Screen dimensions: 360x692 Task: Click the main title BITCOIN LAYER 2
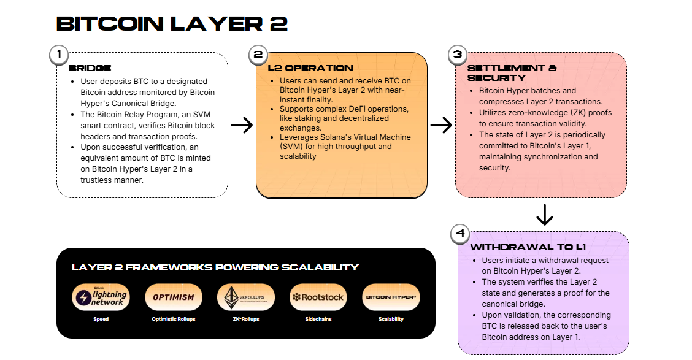pyautogui.click(x=172, y=24)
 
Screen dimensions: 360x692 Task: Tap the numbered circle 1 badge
pyautogui.click(x=59, y=55)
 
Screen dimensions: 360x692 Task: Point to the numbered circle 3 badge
pyautogui.click(x=457, y=55)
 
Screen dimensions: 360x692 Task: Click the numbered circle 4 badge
pyautogui.click(x=460, y=234)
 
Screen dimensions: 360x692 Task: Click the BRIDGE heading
pyautogui.click(x=90, y=68)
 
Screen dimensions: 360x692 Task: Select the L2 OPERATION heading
pyautogui.click(x=310, y=68)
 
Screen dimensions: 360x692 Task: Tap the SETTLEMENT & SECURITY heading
pyautogui.click(x=512, y=73)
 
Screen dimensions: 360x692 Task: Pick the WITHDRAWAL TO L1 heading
pyautogui.click(x=528, y=247)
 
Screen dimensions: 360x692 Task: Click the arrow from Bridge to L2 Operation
pyautogui.click(x=242, y=126)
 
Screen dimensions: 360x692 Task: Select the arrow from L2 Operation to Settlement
pyautogui.click(x=440, y=126)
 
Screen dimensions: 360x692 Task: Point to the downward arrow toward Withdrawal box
pyautogui.click(x=544, y=215)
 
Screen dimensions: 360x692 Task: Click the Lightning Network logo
pyautogui.click(x=101, y=297)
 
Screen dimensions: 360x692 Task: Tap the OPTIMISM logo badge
pyautogui.click(x=173, y=297)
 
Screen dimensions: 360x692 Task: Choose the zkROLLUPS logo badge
pyautogui.click(x=245, y=297)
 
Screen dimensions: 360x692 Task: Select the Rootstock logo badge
pyautogui.click(x=318, y=297)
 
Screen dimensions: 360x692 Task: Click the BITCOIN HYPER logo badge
pyautogui.click(x=391, y=297)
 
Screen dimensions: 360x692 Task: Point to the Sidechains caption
pyautogui.click(x=318, y=320)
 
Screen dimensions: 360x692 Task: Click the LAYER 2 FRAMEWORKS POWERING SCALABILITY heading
pyautogui.click(x=215, y=267)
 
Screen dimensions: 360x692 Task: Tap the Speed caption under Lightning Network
pyautogui.click(x=101, y=320)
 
